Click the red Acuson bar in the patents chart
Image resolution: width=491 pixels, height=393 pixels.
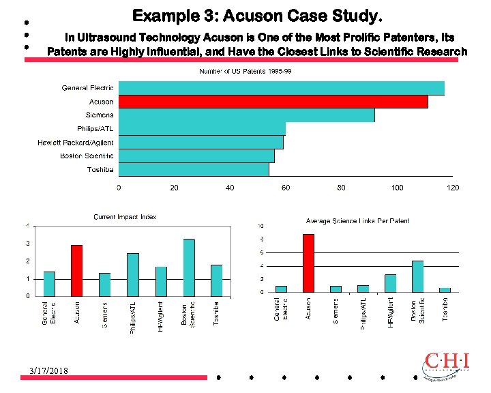pyautogui.click(x=273, y=102)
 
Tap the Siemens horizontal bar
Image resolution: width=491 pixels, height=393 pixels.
pyautogui.click(x=246, y=115)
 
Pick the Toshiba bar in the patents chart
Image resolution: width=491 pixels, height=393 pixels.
pyautogui.click(x=194, y=170)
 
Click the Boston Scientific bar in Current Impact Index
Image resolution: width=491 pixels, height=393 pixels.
pyautogui.click(x=189, y=267)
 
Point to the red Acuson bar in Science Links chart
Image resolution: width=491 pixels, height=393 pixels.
pyautogui.click(x=308, y=263)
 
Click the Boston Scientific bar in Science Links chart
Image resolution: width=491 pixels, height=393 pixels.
pyautogui.click(x=417, y=276)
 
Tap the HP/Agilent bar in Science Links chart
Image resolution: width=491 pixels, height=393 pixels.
pyautogui.click(x=390, y=283)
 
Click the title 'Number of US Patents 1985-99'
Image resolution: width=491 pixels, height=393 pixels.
pyautogui.click(x=245, y=71)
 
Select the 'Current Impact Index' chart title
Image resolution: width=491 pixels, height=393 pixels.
pyautogui.click(x=125, y=217)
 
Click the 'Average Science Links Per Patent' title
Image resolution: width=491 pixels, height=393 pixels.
pyautogui.click(x=358, y=221)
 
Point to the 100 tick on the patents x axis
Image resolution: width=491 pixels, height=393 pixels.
pyautogui.click(x=397, y=188)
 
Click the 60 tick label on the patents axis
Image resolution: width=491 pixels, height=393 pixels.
pyautogui.click(x=286, y=188)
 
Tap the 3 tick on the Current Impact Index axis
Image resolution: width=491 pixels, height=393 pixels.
pyautogui.click(x=27, y=244)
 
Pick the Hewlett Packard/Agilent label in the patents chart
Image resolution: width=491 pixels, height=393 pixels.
pyautogui.click(x=76, y=143)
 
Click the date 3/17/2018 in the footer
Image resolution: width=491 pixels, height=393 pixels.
pyautogui.click(x=53, y=370)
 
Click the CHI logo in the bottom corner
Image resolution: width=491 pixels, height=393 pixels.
pyautogui.click(x=446, y=365)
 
